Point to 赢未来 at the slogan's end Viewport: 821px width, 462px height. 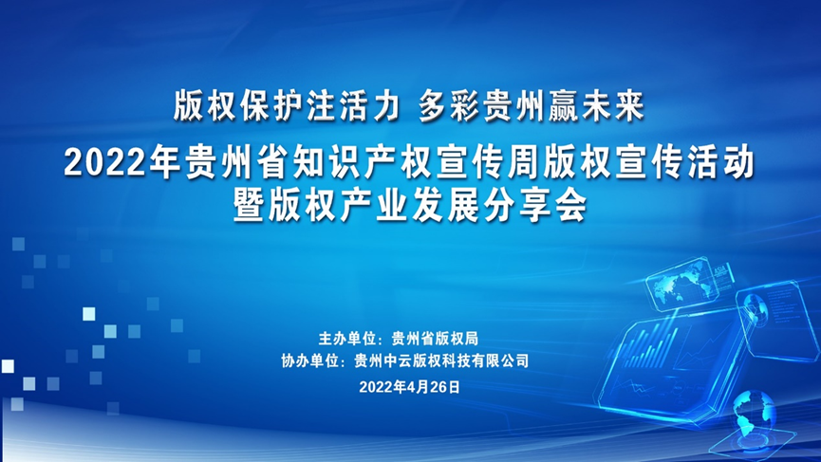[596, 106]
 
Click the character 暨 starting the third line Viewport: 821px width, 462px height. [250, 205]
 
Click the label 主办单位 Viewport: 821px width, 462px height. [347, 339]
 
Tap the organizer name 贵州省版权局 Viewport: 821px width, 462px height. [435, 339]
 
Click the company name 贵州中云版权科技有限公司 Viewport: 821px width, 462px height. [441, 360]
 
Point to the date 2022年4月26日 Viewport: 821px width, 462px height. [409, 387]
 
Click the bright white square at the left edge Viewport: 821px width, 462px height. [8, 366]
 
